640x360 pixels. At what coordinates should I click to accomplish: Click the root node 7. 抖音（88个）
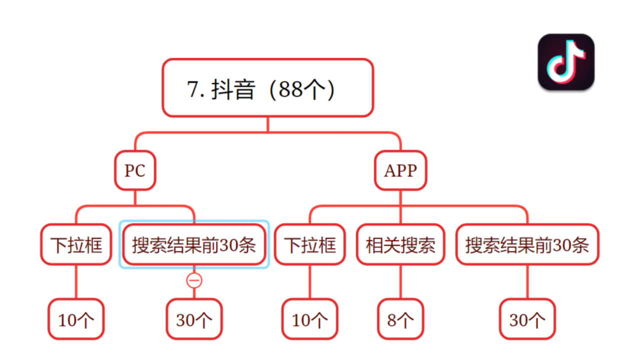point(267,88)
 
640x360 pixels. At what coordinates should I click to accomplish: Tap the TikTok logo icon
point(566,62)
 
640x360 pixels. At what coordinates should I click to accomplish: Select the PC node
point(134,170)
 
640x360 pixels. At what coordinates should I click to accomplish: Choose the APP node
point(400,170)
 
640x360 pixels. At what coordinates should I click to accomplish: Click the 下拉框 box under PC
point(76,244)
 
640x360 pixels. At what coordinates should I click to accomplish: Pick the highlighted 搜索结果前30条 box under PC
point(194,244)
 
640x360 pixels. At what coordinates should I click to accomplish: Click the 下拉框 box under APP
point(310,244)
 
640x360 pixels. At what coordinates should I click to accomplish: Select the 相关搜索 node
point(400,244)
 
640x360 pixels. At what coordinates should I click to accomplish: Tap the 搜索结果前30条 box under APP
point(527,244)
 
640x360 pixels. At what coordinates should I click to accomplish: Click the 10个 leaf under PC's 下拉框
point(76,319)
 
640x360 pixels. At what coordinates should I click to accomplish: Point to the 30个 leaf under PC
point(194,319)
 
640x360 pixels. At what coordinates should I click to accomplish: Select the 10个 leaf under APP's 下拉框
point(310,319)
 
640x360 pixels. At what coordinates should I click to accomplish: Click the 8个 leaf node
point(400,319)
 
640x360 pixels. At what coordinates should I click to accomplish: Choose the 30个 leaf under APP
point(527,319)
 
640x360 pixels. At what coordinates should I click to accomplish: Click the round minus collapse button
point(194,280)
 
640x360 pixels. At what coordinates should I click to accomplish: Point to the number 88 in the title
point(291,89)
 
